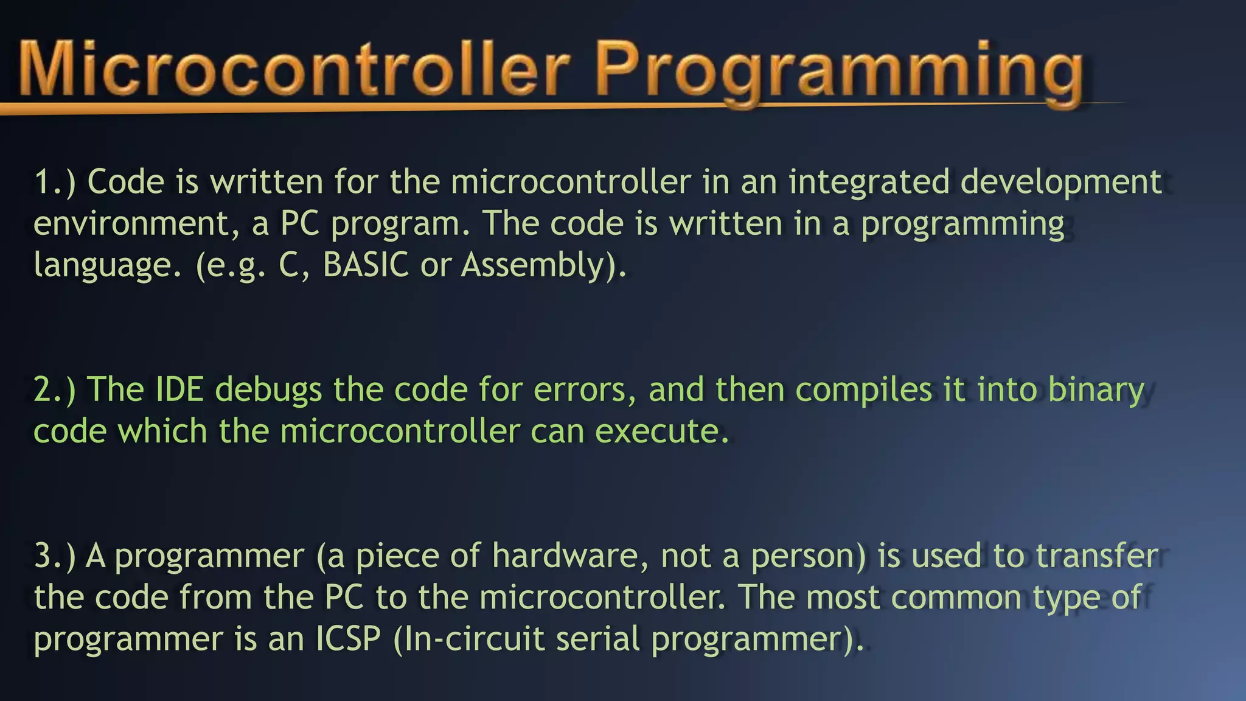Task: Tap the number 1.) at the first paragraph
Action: point(55,182)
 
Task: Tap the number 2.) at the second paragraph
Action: point(55,389)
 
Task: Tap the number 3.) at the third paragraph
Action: point(55,556)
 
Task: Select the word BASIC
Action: point(366,265)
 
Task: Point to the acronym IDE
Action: point(179,389)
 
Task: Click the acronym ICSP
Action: point(348,639)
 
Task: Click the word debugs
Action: point(268,391)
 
